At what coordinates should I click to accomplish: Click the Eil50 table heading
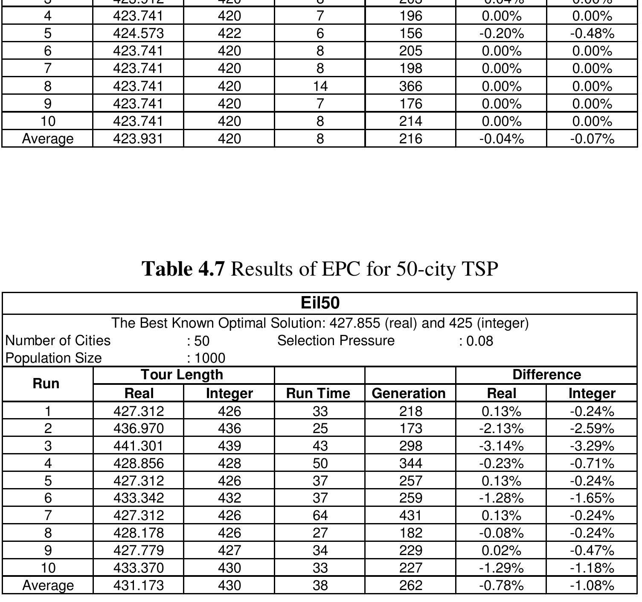click(320, 303)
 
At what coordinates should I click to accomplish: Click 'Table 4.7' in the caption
click(183, 269)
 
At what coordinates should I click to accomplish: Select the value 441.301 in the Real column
click(138, 446)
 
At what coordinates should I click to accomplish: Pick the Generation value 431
click(410, 516)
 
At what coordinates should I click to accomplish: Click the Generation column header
click(409, 393)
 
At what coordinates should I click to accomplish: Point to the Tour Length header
click(182, 375)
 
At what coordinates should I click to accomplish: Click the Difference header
click(546, 375)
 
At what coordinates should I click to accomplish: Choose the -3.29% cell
click(592, 446)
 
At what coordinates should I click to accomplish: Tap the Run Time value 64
click(320, 516)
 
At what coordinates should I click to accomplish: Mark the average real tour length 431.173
click(138, 585)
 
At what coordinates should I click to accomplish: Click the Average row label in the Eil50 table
click(48, 585)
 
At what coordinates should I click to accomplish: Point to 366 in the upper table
click(410, 86)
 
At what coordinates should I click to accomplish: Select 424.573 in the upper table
click(138, 33)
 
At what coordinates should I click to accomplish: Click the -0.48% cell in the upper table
click(592, 33)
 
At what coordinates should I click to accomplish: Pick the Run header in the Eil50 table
click(46, 384)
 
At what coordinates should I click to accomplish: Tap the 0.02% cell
click(501, 550)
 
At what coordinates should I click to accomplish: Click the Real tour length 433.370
click(138, 568)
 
